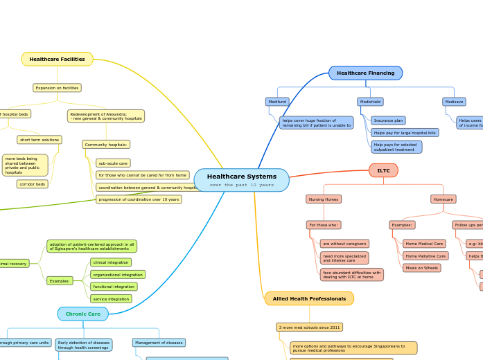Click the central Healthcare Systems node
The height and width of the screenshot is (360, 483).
241,180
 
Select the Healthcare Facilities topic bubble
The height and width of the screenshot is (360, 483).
57,60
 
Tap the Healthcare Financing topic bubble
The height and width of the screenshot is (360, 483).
365,73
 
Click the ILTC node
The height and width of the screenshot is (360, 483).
383,170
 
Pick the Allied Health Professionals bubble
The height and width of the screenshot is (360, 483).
309,298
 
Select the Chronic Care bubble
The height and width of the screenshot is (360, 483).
83,314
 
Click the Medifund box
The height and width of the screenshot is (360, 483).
277,102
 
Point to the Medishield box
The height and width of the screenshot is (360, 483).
370,102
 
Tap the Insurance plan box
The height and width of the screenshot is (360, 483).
388,120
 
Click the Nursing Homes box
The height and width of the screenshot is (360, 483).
324,199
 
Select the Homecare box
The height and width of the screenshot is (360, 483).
443,199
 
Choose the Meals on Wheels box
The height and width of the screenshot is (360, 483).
421,268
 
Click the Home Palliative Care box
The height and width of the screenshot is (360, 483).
425,256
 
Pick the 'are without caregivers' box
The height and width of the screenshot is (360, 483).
344,244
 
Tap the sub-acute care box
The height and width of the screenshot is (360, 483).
113,163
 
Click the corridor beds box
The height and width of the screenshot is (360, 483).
33,184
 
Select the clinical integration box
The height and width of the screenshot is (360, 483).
111,262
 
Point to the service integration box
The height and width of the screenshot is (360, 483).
111,299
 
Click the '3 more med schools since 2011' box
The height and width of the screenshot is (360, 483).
309,327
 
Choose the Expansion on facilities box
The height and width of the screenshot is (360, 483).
57,88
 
